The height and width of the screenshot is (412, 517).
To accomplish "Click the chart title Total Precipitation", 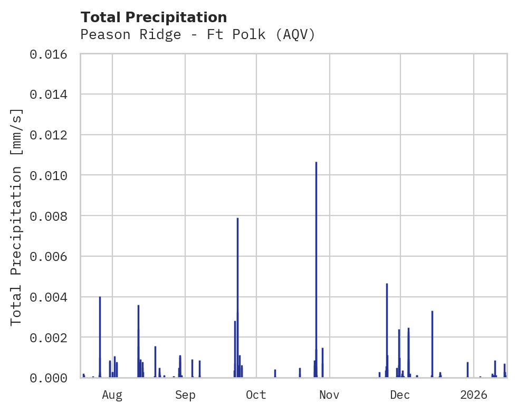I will [154, 17].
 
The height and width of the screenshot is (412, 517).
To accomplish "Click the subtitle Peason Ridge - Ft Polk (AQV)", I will [197, 35].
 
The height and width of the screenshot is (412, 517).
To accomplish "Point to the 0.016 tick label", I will [52, 54].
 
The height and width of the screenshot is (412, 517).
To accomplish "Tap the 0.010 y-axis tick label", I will [52, 175].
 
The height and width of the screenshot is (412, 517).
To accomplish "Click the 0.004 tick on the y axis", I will [52, 297].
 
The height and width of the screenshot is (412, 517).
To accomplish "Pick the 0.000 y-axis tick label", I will [52, 378].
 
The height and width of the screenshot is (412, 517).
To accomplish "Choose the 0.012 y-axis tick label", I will [52, 135].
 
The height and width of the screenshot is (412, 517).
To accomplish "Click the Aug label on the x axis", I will [112, 395].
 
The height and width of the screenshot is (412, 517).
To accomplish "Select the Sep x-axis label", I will [185, 395].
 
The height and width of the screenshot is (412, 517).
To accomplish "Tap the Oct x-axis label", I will [256, 395].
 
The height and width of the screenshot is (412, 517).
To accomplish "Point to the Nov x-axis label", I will [329, 395].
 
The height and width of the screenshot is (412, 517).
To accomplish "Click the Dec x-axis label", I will [400, 395].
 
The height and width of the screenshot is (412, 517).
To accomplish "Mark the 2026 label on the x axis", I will [474, 395].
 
